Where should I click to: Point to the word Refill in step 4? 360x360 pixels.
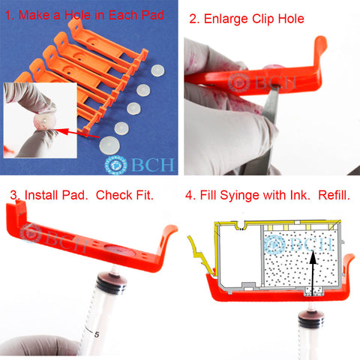coord(334,195)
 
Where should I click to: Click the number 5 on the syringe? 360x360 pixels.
coord(97,334)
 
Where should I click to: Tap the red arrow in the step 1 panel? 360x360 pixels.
coord(78,133)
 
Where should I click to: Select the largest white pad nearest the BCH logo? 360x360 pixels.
coord(109,145)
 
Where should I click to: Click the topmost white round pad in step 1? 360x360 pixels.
coord(157,70)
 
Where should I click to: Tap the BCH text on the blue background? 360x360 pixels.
coord(152,164)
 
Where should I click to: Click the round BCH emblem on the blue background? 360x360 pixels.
coord(115,165)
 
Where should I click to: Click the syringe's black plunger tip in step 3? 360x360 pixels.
coord(111,282)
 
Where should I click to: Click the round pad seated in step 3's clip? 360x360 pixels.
coord(117,250)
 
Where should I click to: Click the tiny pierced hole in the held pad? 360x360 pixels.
coord(44,120)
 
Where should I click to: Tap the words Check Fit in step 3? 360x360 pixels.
coord(124,195)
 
